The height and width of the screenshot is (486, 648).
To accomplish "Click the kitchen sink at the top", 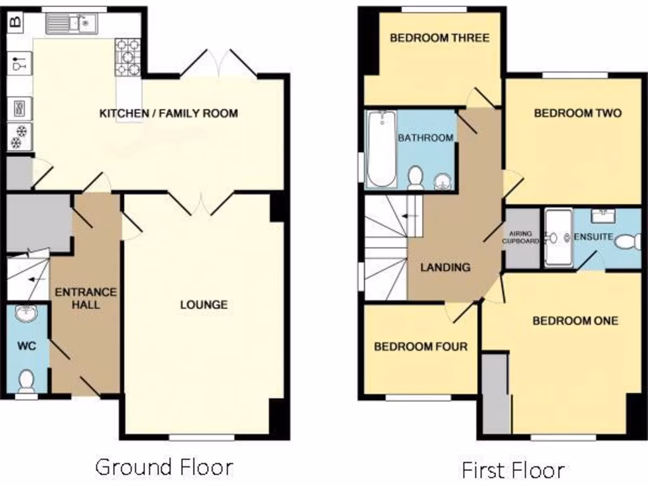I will (x=71, y=24).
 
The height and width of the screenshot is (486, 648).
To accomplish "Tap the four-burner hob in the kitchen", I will (x=127, y=57).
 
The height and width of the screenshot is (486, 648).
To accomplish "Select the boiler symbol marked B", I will (x=15, y=22).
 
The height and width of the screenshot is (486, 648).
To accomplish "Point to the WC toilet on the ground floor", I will (x=26, y=381).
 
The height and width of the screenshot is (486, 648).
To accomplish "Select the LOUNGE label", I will (x=204, y=304).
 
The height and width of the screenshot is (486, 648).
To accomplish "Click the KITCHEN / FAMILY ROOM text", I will (x=168, y=114).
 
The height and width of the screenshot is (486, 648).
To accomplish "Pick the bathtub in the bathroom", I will (x=381, y=149).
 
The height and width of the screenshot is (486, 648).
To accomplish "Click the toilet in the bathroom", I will (x=416, y=178).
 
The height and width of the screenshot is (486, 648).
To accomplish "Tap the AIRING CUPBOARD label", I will (x=521, y=237).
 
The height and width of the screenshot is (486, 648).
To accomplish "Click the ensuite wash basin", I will (x=602, y=216).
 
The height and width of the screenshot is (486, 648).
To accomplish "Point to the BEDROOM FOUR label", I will (x=421, y=347).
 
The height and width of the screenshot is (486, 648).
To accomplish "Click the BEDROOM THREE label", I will (x=439, y=38).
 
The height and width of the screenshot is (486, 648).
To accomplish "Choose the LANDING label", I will (x=445, y=267).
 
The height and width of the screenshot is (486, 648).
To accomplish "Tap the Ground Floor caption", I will (x=164, y=467).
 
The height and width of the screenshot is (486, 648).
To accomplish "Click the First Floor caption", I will (x=513, y=470).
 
